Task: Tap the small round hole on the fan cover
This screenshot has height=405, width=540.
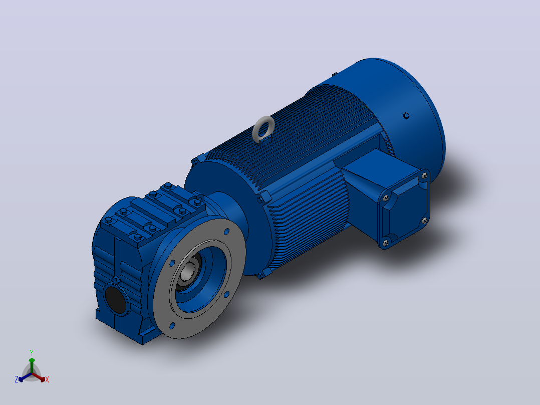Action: pos(406,115)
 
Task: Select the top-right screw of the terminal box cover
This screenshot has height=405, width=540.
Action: pos(425,176)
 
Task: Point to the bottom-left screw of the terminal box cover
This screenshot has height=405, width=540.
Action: pos(385,242)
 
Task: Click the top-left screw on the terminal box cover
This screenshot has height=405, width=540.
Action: pos(385,198)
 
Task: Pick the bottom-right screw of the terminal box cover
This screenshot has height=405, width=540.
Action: pos(425,220)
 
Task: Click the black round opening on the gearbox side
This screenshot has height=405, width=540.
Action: pos(115,299)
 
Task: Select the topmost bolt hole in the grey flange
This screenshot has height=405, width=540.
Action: pos(226,232)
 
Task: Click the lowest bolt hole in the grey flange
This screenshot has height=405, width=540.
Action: pos(172,325)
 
